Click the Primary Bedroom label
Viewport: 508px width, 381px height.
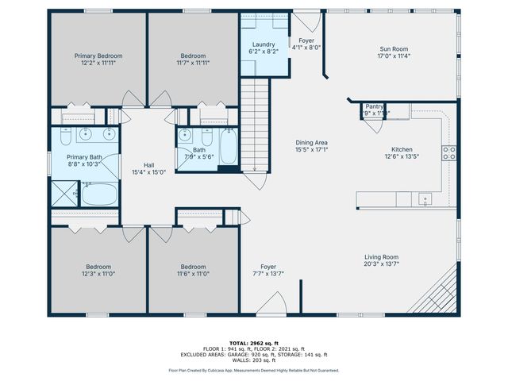tap(98, 56)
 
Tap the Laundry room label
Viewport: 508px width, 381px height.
tap(264, 45)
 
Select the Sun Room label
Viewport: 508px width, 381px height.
tap(393, 48)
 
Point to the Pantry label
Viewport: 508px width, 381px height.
tap(374, 106)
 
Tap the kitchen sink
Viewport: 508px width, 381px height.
tap(425, 198)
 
